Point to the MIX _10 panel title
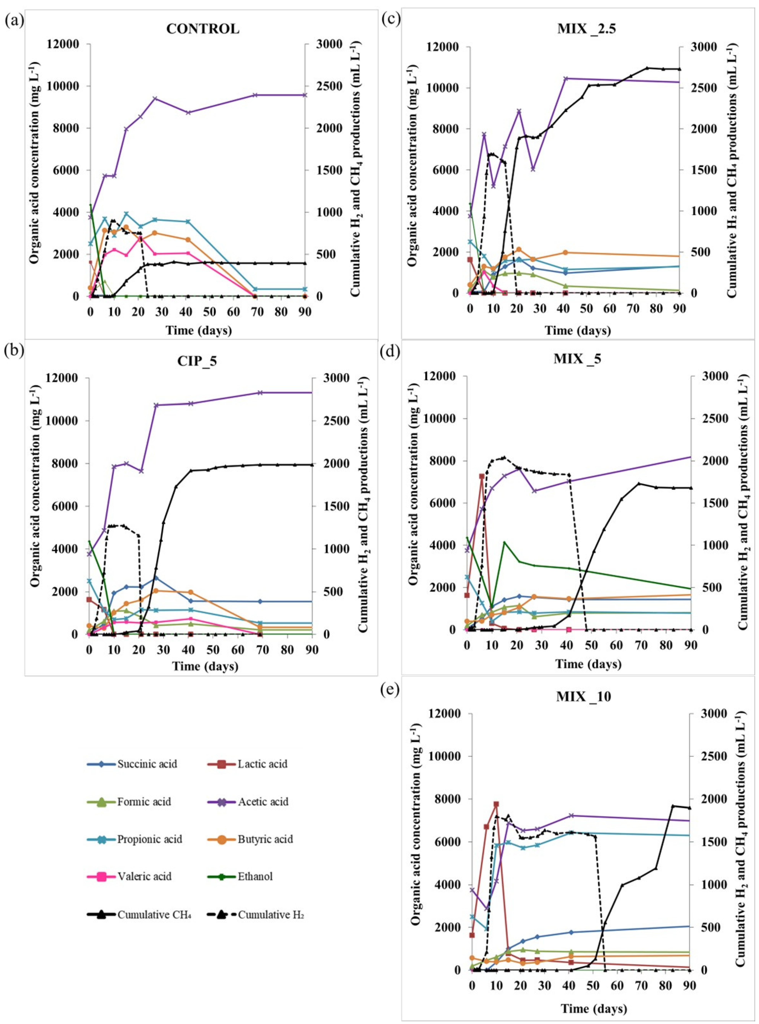[x=584, y=697]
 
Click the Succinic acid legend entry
[x=147, y=764]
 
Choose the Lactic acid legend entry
[x=262, y=764]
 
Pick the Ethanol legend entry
[x=255, y=877]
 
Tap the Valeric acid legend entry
[x=144, y=877]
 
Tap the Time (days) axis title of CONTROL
[x=198, y=330]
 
